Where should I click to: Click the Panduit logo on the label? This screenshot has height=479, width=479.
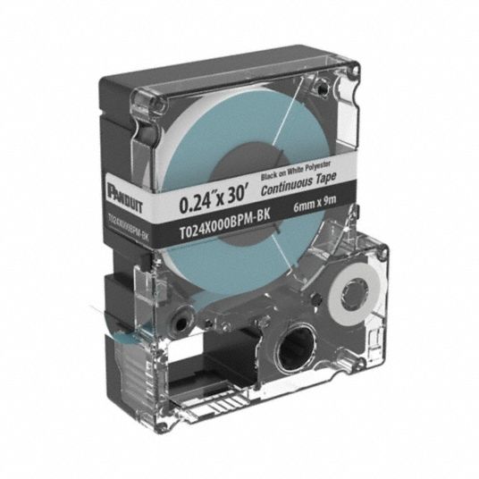pyautogui.click(x=124, y=196)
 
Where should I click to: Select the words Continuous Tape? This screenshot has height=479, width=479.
pyautogui.click(x=298, y=183)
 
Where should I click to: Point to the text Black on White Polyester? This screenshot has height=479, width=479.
pyautogui.click(x=296, y=170)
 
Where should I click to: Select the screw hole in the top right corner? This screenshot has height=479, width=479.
pyautogui.click(x=321, y=88)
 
